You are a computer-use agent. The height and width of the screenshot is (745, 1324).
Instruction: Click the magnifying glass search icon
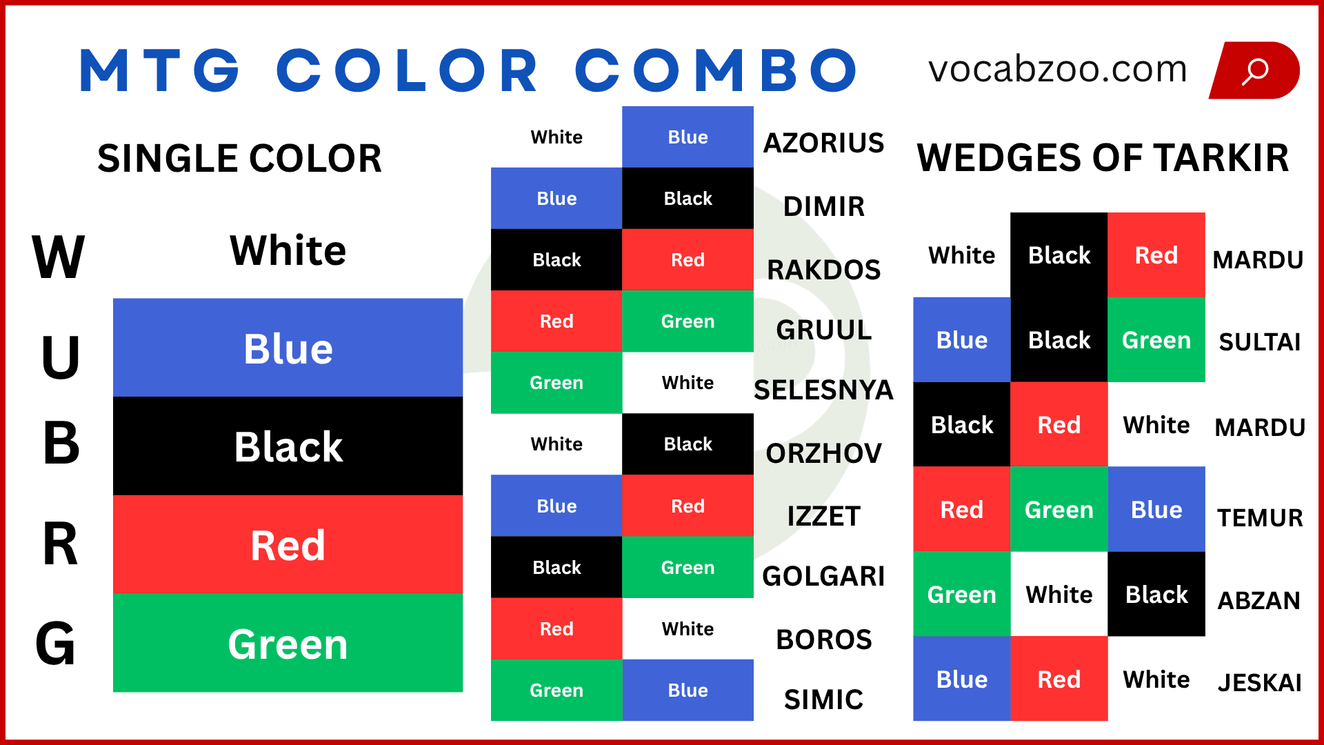tap(1254, 70)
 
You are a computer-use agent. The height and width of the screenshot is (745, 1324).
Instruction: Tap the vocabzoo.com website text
tap(1057, 70)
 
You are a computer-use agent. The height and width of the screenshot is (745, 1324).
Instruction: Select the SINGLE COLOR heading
tap(239, 158)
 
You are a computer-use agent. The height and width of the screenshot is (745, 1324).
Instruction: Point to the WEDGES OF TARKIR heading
tap(1102, 158)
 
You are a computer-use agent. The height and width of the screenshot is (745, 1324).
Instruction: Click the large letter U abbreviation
tap(60, 357)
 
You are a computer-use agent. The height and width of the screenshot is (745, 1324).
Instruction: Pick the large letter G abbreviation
tap(55, 644)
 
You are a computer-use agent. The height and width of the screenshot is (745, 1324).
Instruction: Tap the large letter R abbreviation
tap(60, 544)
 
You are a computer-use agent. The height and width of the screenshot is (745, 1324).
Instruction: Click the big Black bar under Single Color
tap(288, 446)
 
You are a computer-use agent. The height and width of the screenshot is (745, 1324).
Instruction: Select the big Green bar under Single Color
tap(288, 644)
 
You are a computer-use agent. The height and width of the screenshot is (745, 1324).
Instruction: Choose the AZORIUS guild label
tap(823, 143)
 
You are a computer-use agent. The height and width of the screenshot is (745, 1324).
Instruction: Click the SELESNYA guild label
tap(823, 390)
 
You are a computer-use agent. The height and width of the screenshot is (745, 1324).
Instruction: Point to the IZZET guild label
tap(823, 516)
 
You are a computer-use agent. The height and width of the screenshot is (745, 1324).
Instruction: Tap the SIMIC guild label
tap(823, 699)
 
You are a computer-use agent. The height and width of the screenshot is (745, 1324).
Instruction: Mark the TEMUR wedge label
tap(1259, 517)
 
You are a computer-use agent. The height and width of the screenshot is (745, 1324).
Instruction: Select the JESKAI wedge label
tap(1259, 682)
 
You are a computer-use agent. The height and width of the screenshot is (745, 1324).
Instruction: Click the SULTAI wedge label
tap(1259, 341)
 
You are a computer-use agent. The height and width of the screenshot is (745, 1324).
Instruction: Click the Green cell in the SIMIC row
tap(556, 691)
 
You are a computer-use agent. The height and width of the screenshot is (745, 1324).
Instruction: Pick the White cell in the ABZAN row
tap(1059, 594)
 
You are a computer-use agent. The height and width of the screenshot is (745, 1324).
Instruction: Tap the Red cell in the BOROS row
tap(556, 629)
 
